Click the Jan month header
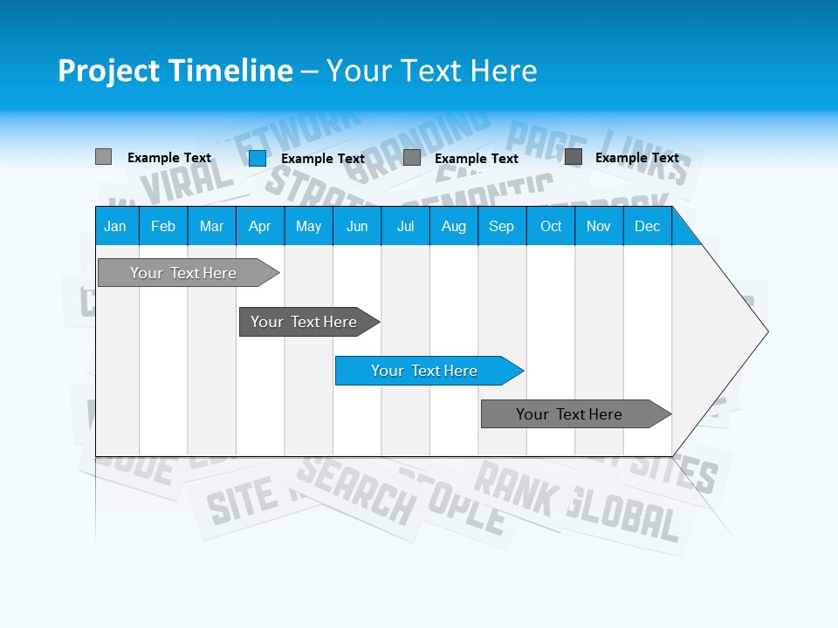click(x=115, y=226)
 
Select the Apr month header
click(x=259, y=226)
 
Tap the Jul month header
click(x=405, y=226)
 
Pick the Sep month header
click(x=501, y=226)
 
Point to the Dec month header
click(x=647, y=226)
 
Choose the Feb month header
click(x=163, y=226)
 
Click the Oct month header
click(x=551, y=226)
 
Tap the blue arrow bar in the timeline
click(x=425, y=371)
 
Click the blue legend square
click(x=257, y=158)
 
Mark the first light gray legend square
click(x=103, y=157)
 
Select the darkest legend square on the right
click(x=574, y=157)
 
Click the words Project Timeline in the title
click(x=175, y=71)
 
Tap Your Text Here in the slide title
click(x=431, y=71)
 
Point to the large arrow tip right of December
click(x=733, y=331)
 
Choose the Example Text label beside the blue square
click(x=323, y=159)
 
